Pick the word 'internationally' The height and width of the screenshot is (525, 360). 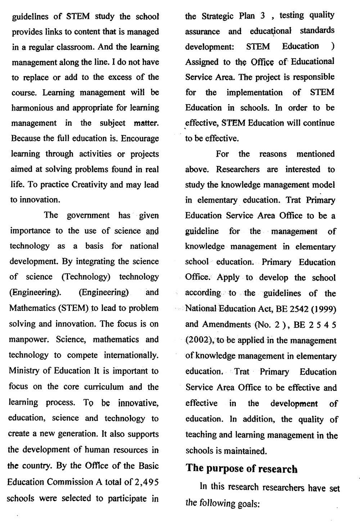[x=131, y=355]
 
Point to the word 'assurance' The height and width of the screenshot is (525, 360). [x=202, y=32]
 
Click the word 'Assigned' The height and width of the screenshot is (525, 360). [x=202, y=62]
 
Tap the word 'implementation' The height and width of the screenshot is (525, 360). [x=255, y=93]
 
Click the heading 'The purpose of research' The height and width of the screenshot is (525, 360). [x=242, y=468]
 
